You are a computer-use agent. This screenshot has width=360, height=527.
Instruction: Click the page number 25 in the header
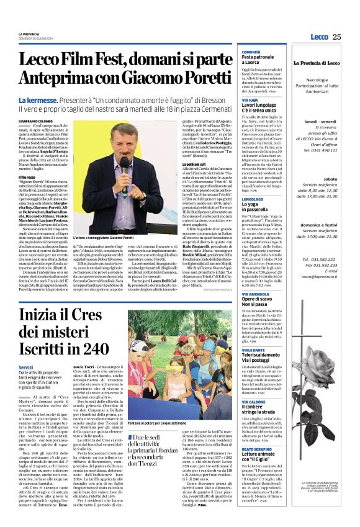(336, 37)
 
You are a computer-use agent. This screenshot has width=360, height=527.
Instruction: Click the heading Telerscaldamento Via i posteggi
(259, 341)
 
